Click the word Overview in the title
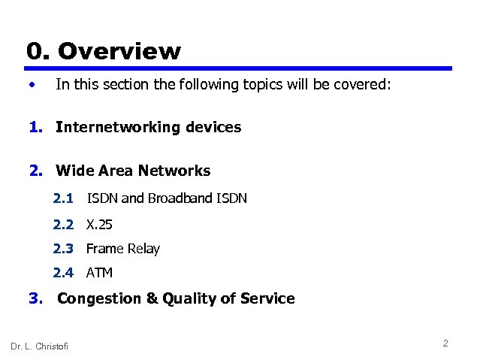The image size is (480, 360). point(119,51)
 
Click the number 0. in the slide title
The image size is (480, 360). point(38,51)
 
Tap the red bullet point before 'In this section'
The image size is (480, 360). point(31,85)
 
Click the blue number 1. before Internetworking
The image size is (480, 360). point(37,127)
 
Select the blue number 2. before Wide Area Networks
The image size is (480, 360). point(37,171)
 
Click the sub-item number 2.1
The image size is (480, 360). point(63,198)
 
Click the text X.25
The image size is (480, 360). point(99,224)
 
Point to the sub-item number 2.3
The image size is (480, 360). point(63,249)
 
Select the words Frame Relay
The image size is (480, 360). point(123,249)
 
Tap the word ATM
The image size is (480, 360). point(99,273)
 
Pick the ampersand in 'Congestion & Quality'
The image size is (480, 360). point(152,298)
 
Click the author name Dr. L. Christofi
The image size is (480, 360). point(39,346)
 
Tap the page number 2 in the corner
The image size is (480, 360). point(445,343)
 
